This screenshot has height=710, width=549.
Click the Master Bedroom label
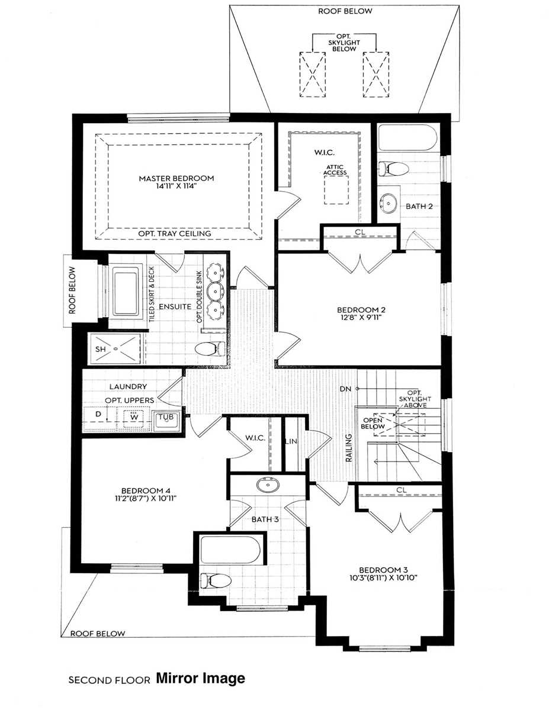[x=176, y=178]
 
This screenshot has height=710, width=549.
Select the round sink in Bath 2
[x=389, y=202]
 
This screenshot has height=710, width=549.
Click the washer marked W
[x=134, y=415]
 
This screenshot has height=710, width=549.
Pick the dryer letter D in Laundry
[x=99, y=415]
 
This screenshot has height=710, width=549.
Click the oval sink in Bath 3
[x=269, y=485]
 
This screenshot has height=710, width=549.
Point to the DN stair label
[x=346, y=389]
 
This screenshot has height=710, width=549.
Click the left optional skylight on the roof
[x=312, y=74]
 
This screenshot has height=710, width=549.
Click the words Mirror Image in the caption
[x=200, y=678]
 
